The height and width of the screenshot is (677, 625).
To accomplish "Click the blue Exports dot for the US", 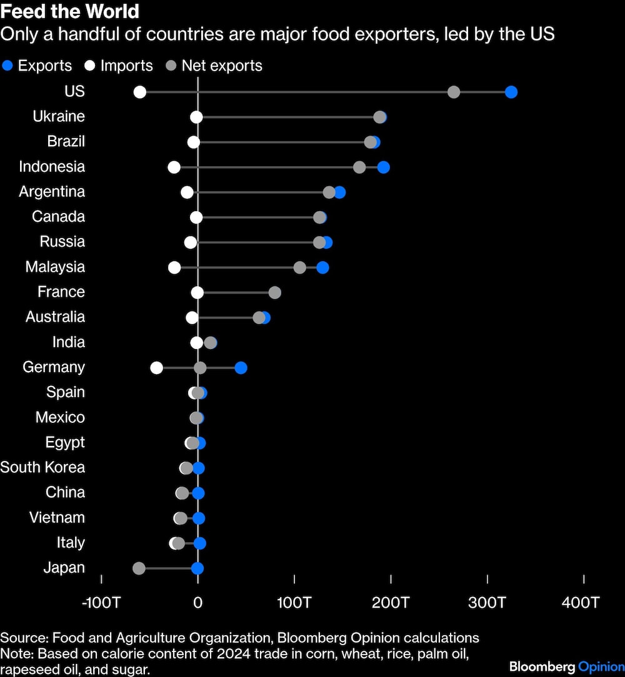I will point(511,92).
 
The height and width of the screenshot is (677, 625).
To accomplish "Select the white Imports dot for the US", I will point(140,92).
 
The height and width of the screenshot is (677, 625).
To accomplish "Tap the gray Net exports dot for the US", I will point(454,92).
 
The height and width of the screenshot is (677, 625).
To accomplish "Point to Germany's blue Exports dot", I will point(241,368).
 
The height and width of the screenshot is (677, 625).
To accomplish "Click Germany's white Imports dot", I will point(157,368).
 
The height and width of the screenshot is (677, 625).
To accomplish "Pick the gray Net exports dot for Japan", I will point(139,568).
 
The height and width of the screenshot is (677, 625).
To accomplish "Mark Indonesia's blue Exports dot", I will point(384,167).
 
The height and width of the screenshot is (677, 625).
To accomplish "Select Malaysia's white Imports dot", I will point(174,267).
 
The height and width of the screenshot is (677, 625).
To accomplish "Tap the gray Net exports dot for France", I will point(275,293).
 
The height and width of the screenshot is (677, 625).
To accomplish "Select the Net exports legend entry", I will point(214,66).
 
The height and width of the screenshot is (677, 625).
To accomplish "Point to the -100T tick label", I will point(101,603).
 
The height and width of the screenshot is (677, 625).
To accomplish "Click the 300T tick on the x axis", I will point(487,603).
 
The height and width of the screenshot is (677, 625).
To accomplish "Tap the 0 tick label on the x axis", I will point(197,603).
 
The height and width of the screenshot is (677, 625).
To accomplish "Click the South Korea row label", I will point(42,468).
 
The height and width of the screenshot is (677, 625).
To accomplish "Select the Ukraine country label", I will point(59,117).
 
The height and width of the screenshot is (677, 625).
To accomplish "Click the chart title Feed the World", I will point(69,12).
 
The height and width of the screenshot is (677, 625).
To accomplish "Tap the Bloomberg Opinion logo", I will point(566,666).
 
